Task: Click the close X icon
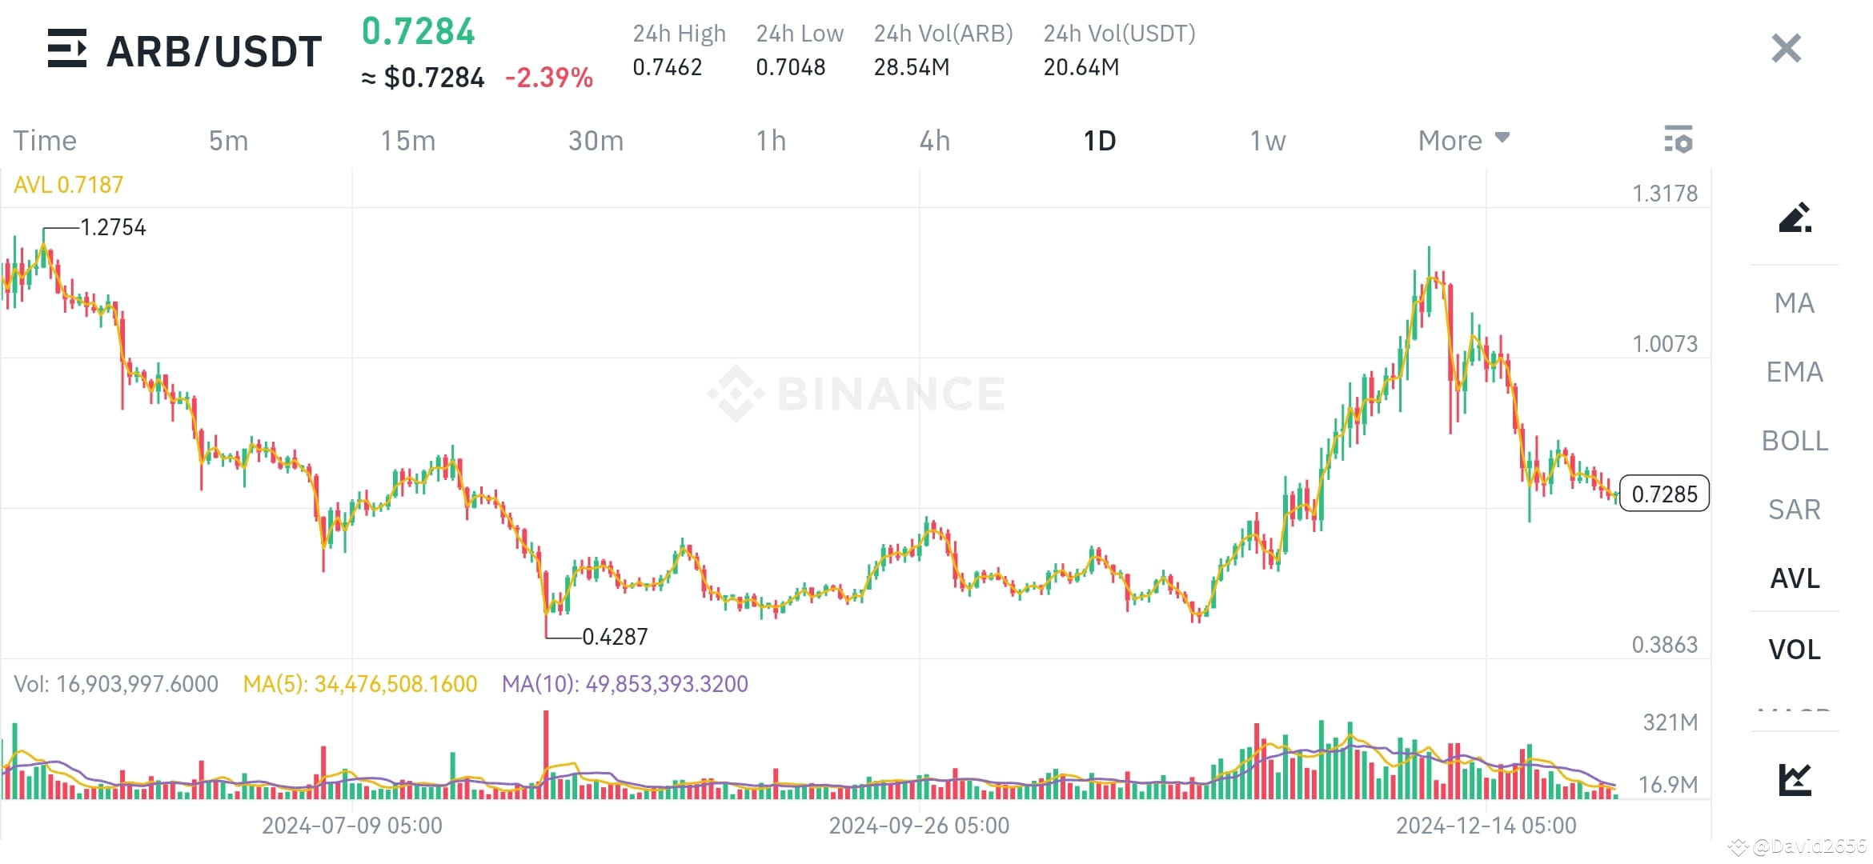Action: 1786,49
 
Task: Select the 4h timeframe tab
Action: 934,141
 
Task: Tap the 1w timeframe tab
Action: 1268,141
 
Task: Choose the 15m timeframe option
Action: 407,141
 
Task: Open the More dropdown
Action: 1463,141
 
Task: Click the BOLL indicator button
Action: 1795,441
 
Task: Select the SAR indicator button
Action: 1795,510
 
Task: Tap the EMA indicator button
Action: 1795,372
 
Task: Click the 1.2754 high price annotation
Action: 113,228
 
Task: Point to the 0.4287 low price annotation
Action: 615,637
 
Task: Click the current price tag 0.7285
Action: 1664,494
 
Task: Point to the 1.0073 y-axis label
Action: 1665,344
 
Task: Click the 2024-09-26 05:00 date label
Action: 919,826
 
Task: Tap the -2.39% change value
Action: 549,78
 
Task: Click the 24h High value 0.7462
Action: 667,67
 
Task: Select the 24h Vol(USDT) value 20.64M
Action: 1081,67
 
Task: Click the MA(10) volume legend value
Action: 625,684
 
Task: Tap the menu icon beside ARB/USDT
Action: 67,49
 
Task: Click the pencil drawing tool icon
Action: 1795,218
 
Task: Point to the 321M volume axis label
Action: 1670,722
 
